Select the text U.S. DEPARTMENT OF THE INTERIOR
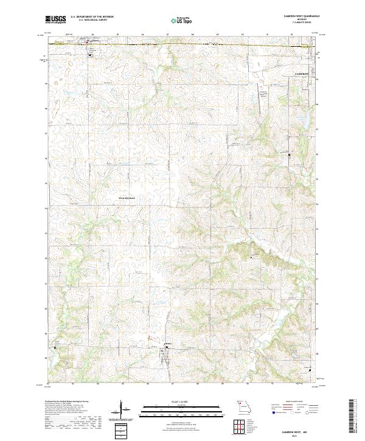click(96, 18)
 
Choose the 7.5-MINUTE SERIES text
click(298, 24)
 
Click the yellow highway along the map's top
click(182, 44)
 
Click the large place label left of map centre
click(128, 198)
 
